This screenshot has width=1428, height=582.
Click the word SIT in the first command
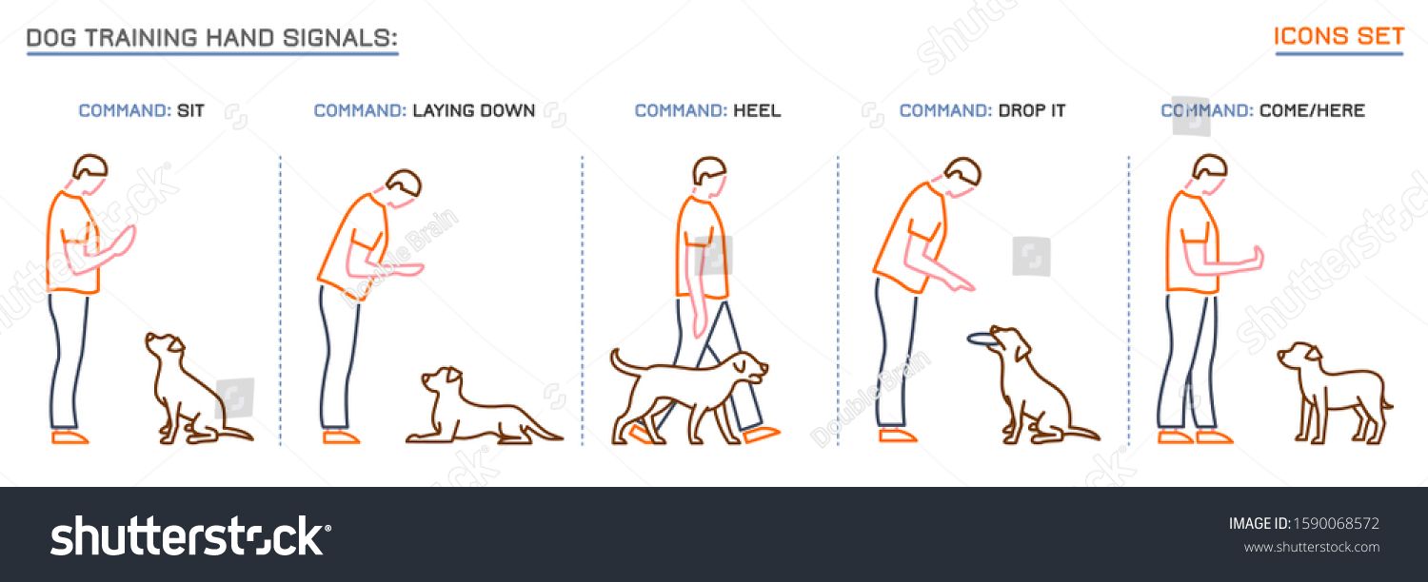[190, 110]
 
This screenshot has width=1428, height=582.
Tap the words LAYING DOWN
[473, 110]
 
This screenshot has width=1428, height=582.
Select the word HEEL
[757, 110]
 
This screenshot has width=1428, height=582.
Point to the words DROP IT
[1032, 110]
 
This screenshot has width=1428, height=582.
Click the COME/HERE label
[1312, 110]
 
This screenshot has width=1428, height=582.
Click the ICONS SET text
[1339, 37]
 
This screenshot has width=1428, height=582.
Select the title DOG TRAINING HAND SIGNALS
[211, 38]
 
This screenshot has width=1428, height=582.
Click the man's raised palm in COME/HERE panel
[1257, 259]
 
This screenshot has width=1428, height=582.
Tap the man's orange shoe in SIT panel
[69, 437]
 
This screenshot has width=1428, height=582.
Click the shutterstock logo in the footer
[190, 536]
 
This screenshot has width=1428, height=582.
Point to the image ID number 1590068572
[1336, 523]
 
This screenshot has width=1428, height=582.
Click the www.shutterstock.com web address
[1311, 547]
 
